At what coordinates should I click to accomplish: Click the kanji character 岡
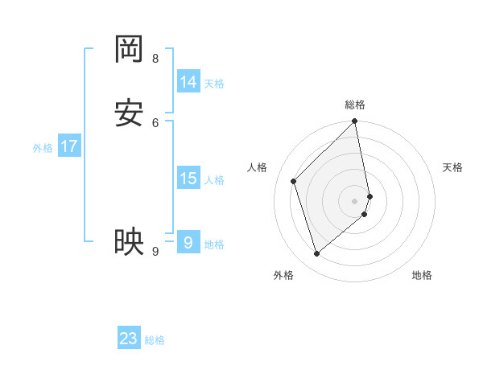(129, 50)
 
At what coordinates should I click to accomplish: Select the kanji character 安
(129, 113)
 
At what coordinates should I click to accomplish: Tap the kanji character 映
(129, 241)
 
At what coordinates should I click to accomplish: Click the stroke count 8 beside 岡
(155, 58)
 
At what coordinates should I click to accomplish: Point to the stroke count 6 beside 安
(155, 121)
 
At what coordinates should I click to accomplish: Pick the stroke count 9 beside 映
(155, 251)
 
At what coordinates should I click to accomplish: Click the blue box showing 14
(188, 81)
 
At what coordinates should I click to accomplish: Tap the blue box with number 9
(188, 241)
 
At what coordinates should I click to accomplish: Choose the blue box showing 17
(69, 146)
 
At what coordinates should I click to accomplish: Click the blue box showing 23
(129, 339)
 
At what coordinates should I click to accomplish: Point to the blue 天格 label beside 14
(214, 83)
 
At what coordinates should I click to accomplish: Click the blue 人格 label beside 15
(214, 179)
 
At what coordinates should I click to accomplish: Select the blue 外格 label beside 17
(43, 148)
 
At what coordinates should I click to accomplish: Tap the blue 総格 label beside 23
(155, 340)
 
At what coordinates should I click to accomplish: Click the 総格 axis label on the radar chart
(355, 105)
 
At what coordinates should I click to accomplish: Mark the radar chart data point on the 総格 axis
(355, 122)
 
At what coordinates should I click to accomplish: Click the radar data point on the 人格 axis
(294, 181)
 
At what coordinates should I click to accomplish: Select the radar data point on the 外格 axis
(316, 254)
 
